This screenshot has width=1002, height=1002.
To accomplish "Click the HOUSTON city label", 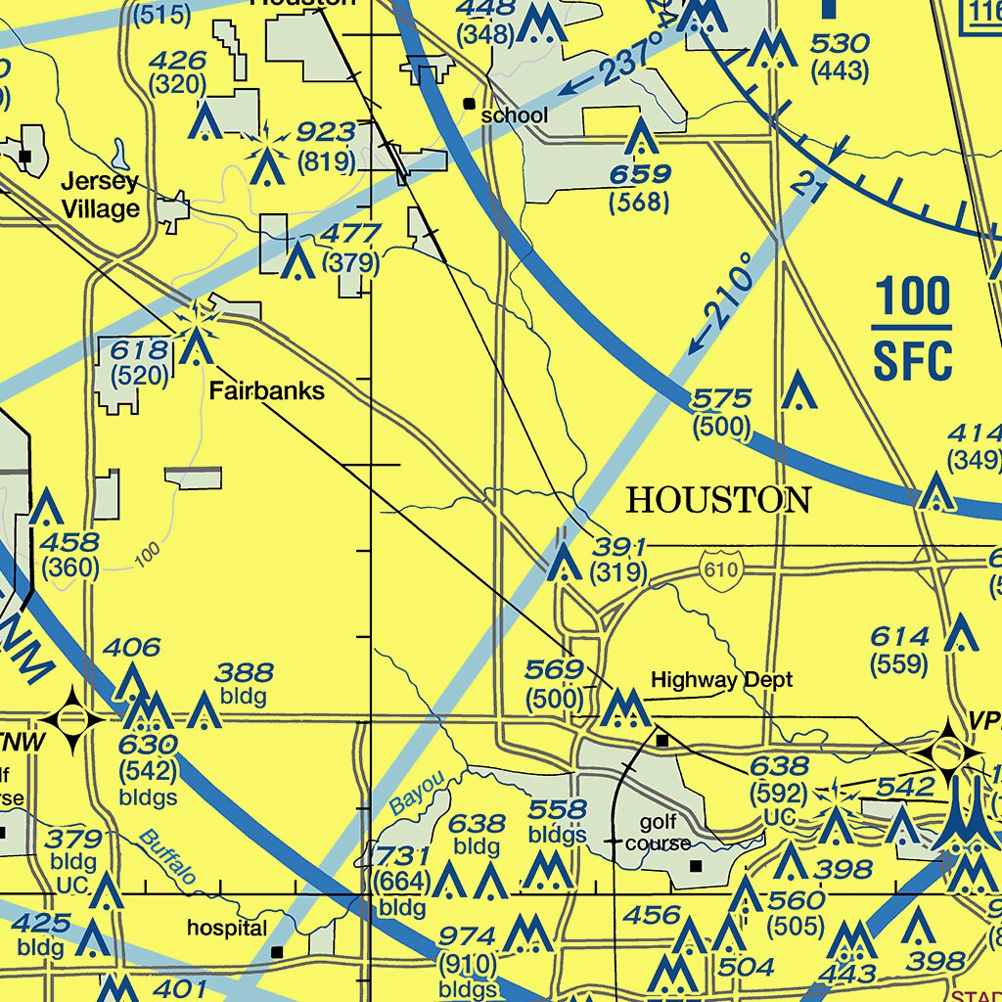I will (718, 501).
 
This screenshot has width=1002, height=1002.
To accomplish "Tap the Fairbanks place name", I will (266, 391).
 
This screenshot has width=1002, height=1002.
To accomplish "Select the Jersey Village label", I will (101, 195).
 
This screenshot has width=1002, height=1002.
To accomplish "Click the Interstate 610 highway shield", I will (721, 568).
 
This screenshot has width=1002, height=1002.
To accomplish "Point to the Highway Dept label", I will (722, 679).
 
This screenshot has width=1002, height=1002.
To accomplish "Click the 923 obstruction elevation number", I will (326, 132).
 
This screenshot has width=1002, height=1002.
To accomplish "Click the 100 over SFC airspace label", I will (913, 328).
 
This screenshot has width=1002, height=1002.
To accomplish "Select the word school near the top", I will (515, 115).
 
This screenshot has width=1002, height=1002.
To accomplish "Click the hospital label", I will (227, 928).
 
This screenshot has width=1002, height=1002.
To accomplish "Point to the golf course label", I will (659, 833).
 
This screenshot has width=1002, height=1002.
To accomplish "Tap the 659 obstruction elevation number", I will (640, 175).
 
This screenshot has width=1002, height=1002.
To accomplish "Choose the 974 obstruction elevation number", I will (467, 936).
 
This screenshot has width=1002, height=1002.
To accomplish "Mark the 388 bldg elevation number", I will (245, 672).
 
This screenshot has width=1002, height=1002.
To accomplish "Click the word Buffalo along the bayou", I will (166, 858).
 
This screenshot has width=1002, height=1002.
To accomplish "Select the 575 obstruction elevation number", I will (721, 398).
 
